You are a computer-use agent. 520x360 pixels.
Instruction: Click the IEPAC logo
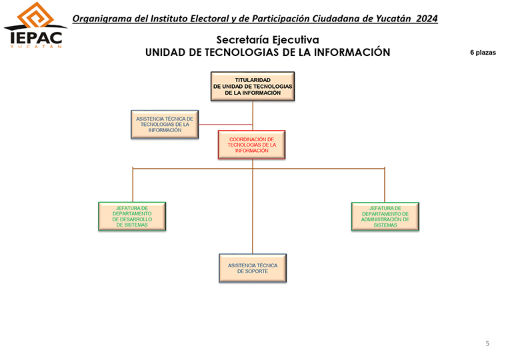pyautogui.click(x=35, y=25)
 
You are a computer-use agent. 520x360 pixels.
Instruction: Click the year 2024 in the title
pyautogui.click(x=427, y=19)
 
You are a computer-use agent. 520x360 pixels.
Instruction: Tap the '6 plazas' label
pyautogui.click(x=483, y=53)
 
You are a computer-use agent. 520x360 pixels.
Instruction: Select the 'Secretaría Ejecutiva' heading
pyautogui.click(x=267, y=40)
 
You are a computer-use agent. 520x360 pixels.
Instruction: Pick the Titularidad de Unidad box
pyautogui.click(x=253, y=86)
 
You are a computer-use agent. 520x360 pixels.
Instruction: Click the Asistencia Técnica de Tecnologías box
pyautogui.click(x=165, y=124)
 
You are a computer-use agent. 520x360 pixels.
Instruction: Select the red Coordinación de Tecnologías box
pyautogui.click(x=252, y=145)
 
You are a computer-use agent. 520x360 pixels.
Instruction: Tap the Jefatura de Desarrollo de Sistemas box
pyautogui.click(x=132, y=217)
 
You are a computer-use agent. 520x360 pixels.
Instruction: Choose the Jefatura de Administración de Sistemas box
pyautogui.click(x=385, y=217)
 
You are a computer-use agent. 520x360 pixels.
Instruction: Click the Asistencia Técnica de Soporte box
pyautogui.click(x=253, y=268)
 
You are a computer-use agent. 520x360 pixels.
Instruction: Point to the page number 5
pyautogui.click(x=487, y=343)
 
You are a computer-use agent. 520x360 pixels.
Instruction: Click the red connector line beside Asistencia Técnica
pyautogui.click(x=225, y=125)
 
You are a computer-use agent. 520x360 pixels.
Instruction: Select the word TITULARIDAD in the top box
pyautogui.click(x=253, y=80)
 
